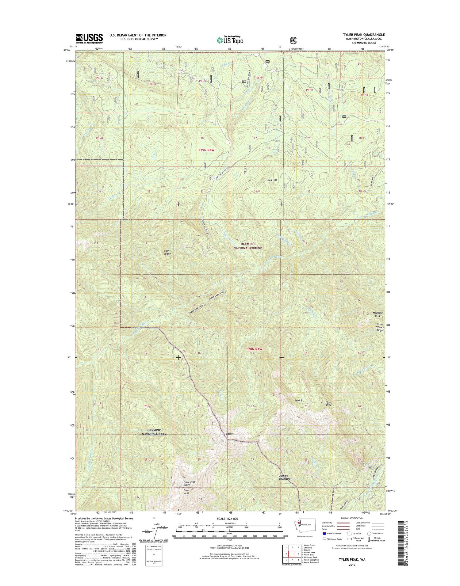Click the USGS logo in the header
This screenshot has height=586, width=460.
tap(89, 37)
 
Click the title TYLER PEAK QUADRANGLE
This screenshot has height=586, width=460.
tap(364, 35)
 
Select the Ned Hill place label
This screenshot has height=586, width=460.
tap(272, 180)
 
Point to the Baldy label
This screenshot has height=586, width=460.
tap(229, 434)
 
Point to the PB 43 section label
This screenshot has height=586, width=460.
tap(362, 138)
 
